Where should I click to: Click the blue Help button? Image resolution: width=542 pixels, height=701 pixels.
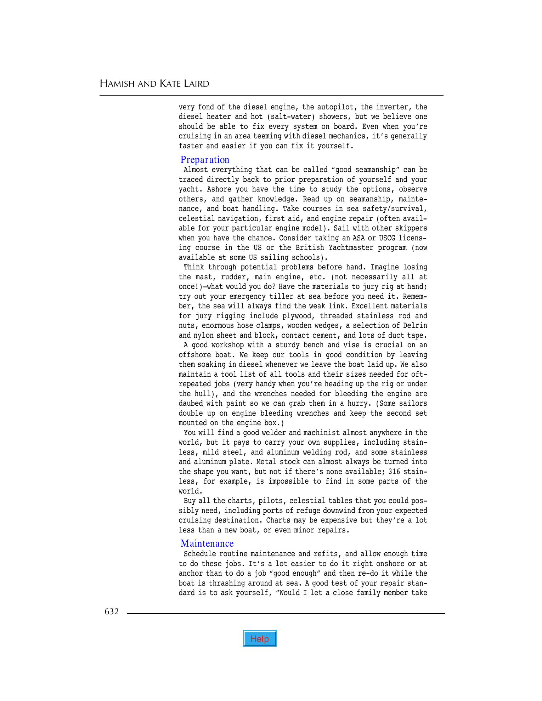(260, 639)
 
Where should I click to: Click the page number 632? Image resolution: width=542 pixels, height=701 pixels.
(112, 611)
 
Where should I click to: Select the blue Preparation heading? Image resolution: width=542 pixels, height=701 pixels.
(205, 160)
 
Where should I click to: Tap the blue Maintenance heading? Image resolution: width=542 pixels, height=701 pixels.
(207, 543)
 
